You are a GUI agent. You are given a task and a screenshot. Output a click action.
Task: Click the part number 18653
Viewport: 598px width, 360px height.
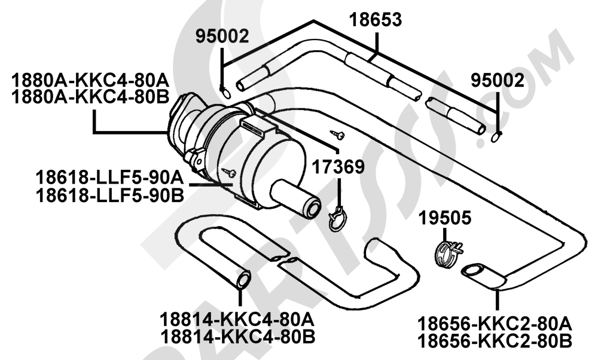pos(376,20)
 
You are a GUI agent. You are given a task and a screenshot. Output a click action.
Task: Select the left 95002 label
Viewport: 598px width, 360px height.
pos(222,36)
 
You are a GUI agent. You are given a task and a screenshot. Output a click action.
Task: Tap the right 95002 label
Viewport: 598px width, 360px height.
pos(498,81)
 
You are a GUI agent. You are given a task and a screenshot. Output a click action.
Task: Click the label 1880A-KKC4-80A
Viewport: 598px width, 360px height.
pos(90,81)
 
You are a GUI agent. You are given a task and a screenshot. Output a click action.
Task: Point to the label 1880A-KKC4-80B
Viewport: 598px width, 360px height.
pos(90,97)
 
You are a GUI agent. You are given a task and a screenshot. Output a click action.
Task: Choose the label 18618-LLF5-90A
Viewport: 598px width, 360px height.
pos(110,178)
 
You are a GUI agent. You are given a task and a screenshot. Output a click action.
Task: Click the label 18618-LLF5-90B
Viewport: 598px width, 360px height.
pos(110,196)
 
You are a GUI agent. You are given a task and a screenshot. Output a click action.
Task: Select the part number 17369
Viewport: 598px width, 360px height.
pos(338,167)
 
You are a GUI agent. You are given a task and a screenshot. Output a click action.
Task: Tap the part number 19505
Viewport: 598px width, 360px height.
pos(445,218)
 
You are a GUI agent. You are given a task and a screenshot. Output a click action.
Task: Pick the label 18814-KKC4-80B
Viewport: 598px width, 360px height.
pos(237,337)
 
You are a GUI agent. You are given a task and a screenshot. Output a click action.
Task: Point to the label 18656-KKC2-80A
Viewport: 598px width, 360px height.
pos(495,324)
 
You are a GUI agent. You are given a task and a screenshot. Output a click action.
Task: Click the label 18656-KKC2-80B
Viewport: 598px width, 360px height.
pos(495,341)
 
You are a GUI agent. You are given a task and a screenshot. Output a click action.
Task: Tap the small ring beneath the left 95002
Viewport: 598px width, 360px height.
pos(225,93)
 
